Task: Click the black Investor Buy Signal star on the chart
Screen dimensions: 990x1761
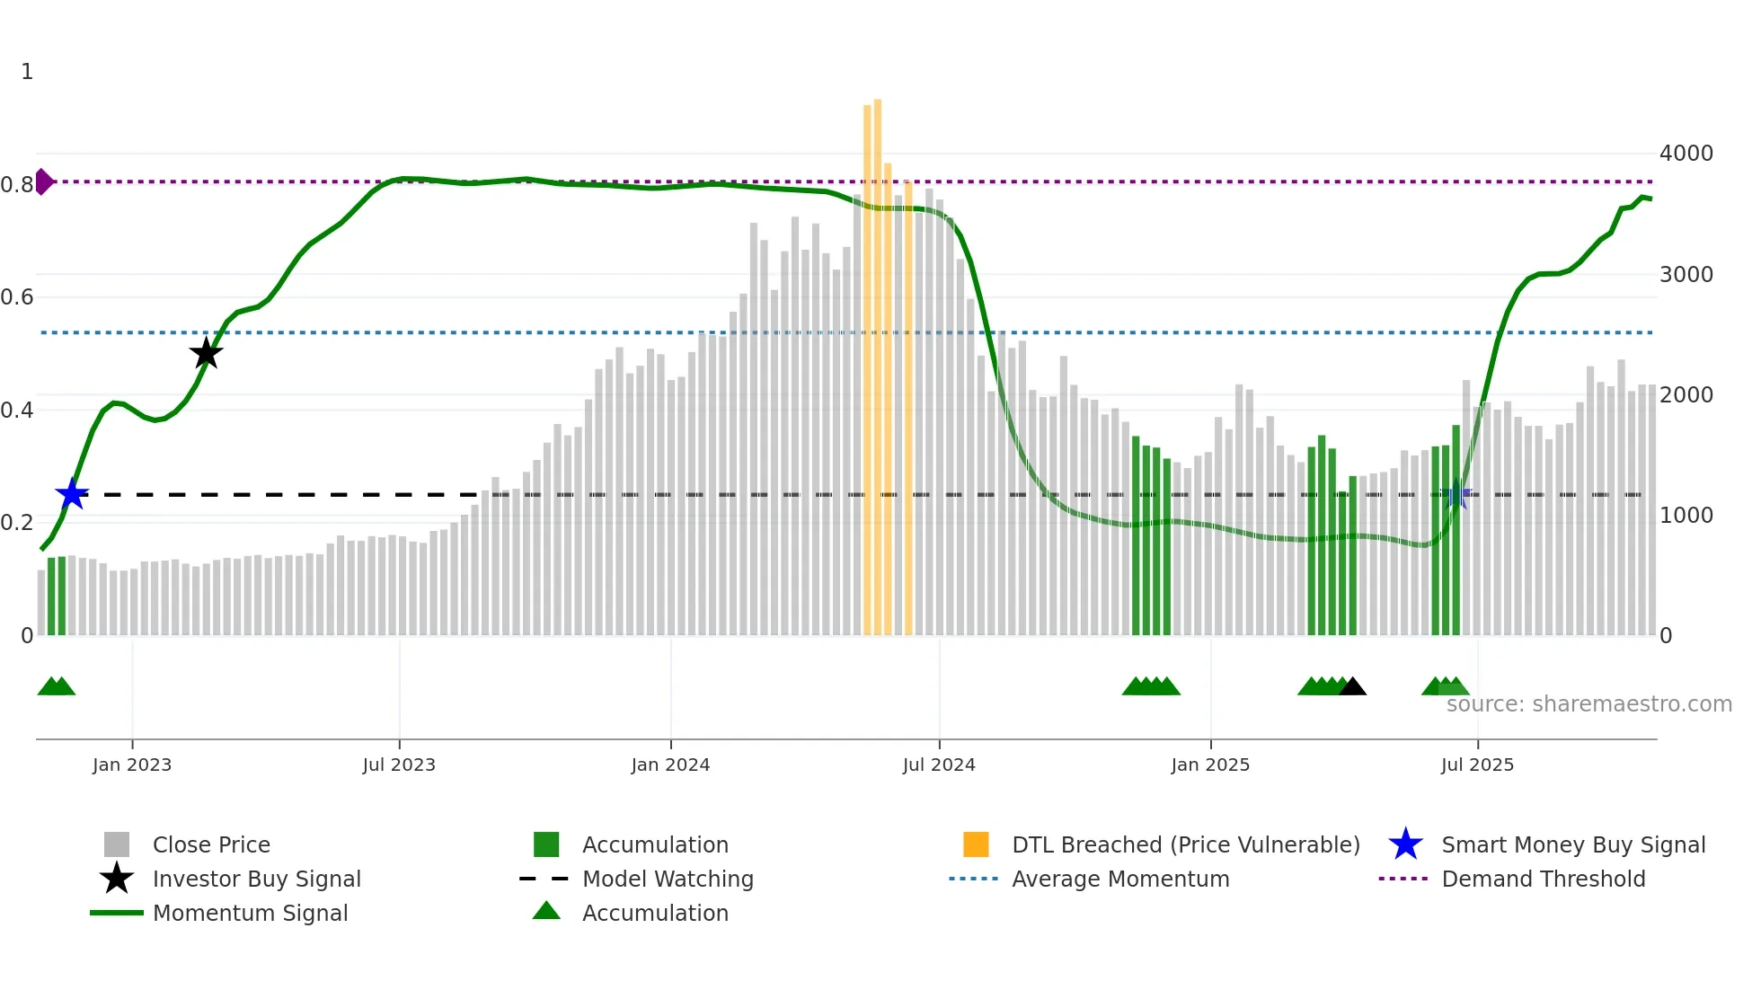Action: pos(206,353)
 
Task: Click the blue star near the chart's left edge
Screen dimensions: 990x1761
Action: pos(72,494)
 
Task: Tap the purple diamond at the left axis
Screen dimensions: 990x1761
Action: pos(43,181)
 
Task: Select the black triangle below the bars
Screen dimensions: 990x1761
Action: pos(1352,687)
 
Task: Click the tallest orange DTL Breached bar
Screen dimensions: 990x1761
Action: pos(878,359)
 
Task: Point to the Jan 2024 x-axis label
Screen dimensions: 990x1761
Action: pos(670,765)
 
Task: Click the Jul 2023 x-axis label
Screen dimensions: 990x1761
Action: pos(399,765)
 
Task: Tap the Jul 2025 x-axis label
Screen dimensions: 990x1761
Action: pos(1477,765)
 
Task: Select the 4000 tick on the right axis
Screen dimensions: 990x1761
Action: pos(1686,154)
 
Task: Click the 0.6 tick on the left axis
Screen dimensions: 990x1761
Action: pos(17,297)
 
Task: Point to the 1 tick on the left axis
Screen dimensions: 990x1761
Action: pos(27,72)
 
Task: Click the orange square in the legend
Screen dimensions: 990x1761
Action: pos(976,844)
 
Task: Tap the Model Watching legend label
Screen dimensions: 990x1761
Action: pos(668,879)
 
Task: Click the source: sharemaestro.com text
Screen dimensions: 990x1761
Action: pos(1588,704)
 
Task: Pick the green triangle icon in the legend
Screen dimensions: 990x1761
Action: pos(546,911)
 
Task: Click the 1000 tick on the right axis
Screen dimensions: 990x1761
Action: pos(1686,516)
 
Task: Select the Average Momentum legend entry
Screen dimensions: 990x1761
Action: pos(1119,879)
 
